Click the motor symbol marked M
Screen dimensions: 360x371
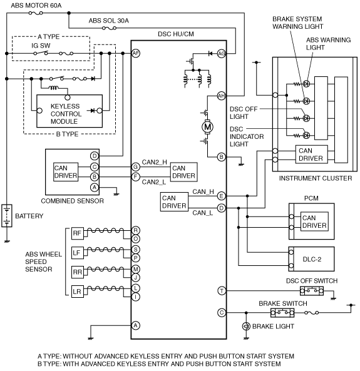point(207,127)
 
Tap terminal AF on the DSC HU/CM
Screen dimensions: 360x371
point(136,53)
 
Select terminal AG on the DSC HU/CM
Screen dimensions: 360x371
point(222,54)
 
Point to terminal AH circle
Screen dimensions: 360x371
point(222,96)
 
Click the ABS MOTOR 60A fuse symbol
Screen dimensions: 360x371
point(36,13)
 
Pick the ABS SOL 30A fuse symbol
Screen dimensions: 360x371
point(109,28)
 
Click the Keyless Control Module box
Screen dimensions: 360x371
point(69,111)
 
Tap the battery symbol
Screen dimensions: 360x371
point(7,216)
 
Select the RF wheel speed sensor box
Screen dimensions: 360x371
point(78,233)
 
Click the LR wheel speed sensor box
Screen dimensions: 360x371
point(78,292)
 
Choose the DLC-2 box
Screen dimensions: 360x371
point(311,259)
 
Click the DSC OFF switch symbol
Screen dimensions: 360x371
point(312,290)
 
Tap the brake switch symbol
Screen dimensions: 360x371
point(282,313)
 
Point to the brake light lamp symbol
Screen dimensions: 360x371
point(246,327)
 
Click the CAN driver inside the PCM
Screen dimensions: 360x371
point(314,221)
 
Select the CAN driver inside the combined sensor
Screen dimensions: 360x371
point(66,172)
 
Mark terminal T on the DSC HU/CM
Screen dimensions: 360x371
point(222,291)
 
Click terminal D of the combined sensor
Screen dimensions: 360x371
point(95,156)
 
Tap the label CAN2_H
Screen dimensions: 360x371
point(154,162)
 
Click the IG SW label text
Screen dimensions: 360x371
point(41,46)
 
